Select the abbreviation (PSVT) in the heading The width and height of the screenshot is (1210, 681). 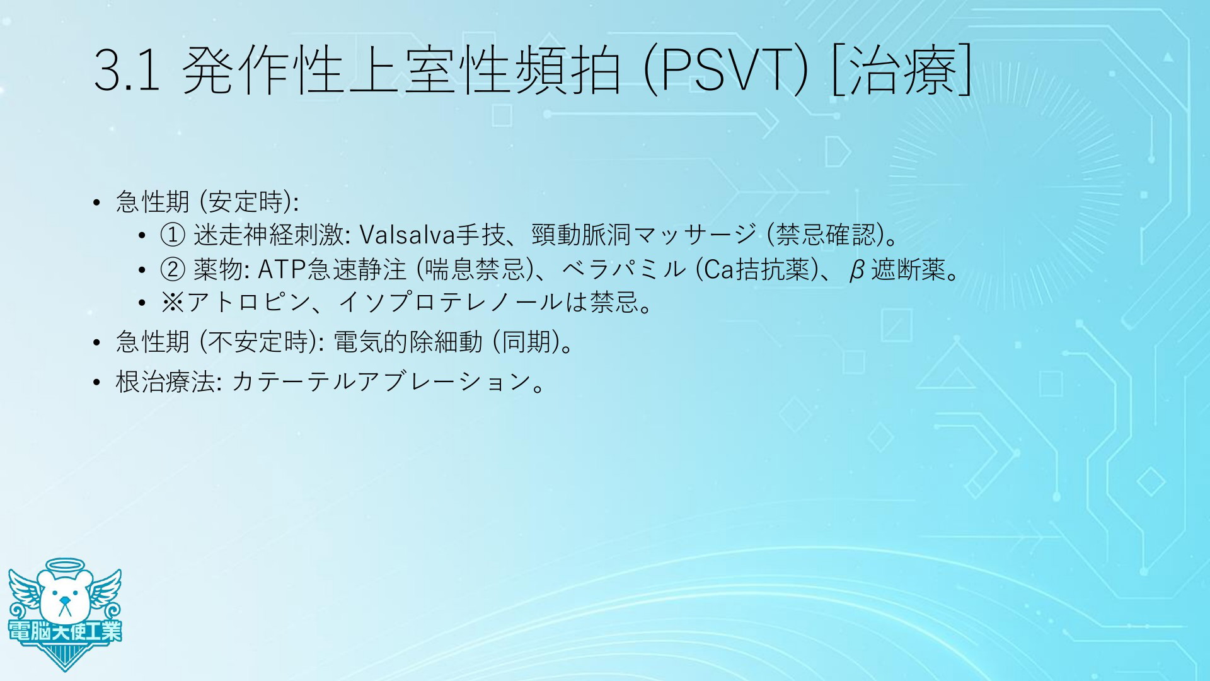(725, 71)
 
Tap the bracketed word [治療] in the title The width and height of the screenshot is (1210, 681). (901, 71)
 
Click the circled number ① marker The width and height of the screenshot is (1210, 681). (173, 236)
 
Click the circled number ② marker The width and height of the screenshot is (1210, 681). (173, 270)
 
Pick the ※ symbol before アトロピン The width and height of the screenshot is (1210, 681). (172, 303)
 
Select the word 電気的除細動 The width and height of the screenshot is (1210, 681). (408, 342)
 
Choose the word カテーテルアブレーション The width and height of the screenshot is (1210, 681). (381, 381)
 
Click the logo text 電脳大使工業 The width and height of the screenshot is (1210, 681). (65, 631)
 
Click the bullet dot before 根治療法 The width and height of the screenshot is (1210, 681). (96, 382)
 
